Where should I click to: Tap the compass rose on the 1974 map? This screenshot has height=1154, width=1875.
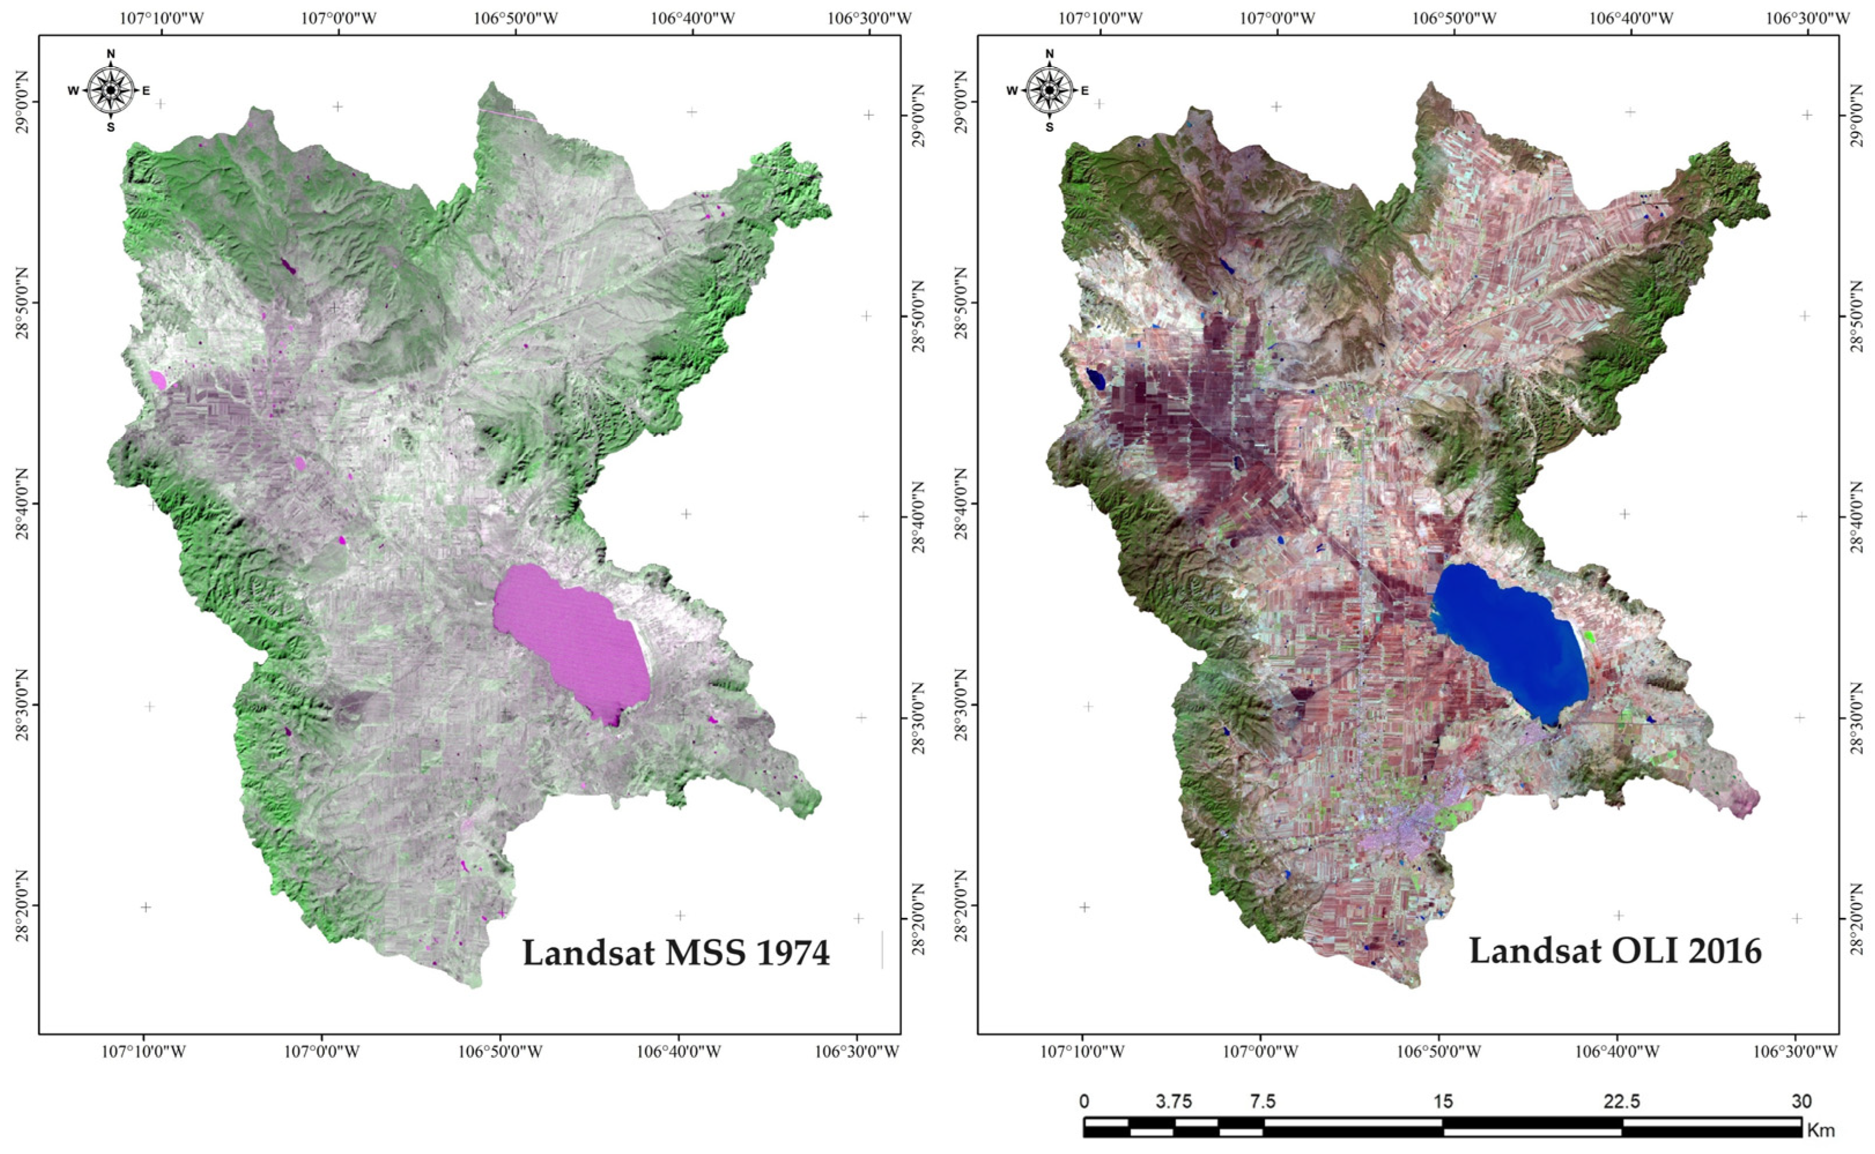click(110, 90)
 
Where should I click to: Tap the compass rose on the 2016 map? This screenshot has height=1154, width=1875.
click(1049, 90)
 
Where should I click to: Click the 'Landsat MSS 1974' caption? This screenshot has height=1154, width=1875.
click(676, 953)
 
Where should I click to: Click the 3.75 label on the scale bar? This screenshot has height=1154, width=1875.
click(1173, 1102)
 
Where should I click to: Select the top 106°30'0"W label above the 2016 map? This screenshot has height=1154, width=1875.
click(1808, 17)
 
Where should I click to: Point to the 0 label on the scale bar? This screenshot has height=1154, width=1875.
click(1084, 1102)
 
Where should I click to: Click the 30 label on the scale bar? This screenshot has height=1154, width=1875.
click(1802, 1102)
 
